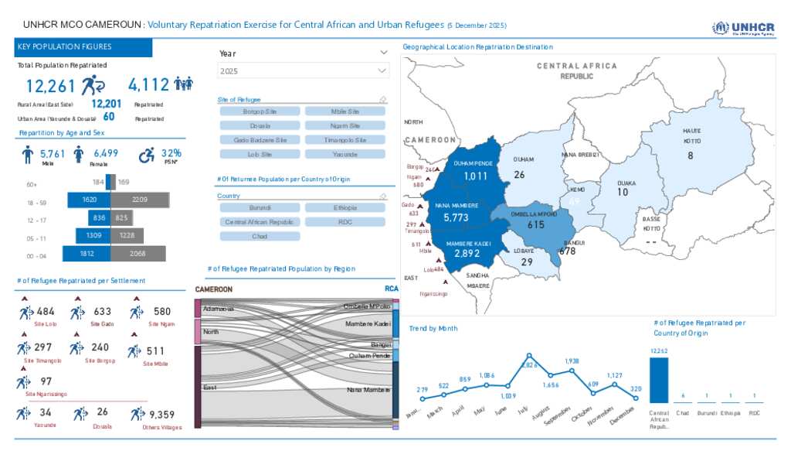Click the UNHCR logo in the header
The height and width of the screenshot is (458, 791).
point(742,29)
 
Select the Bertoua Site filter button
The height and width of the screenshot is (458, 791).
point(260,111)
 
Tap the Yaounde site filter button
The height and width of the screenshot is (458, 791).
point(345,154)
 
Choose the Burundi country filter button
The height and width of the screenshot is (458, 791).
point(260,207)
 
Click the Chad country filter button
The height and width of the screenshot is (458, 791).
point(260,236)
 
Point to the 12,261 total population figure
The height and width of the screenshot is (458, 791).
point(51,85)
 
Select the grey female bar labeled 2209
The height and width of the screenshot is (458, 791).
point(140,200)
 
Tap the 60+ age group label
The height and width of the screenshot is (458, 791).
point(32,184)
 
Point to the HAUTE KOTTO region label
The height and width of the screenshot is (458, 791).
point(691,136)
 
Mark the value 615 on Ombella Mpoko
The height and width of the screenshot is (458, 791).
point(536,224)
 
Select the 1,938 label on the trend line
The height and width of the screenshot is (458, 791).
point(572,361)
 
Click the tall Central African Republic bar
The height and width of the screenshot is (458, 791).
point(659,380)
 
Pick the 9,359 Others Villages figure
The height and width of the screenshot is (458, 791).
point(161,414)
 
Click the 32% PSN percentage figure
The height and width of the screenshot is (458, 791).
point(171,153)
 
